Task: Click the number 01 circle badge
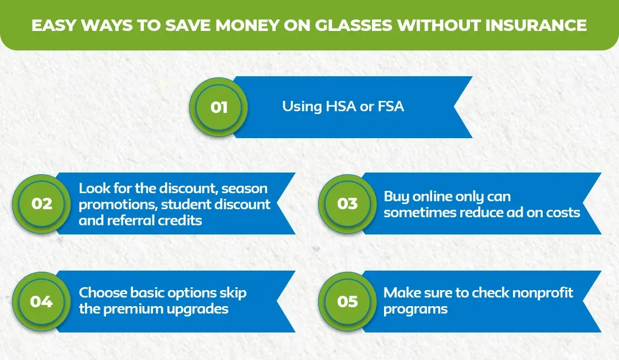click(x=218, y=107)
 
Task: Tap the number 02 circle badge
click(x=41, y=204)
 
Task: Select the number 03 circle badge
click(x=347, y=204)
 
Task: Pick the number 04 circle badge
click(x=41, y=301)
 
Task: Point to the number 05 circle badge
click(x=347, y=301)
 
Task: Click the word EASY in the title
click(x=54, y=25)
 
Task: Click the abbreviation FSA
click(x=391, y=107)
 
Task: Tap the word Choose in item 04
click(x=103, y=293)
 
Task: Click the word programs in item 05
click(x=416, y=309)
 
